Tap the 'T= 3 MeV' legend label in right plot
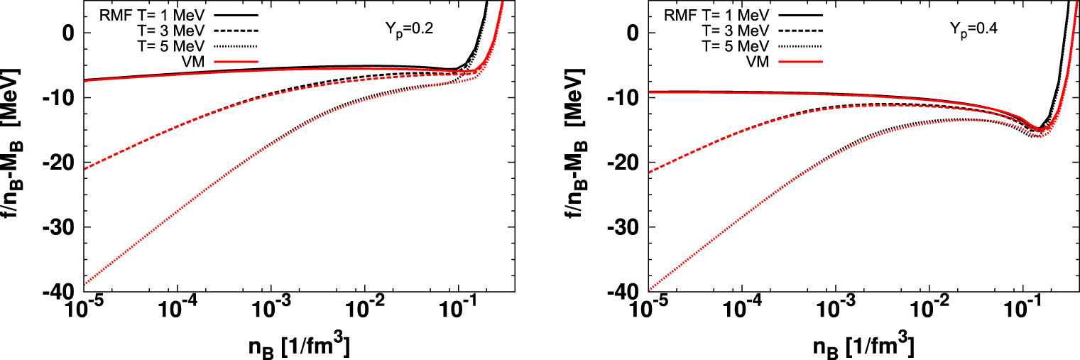point(738,30)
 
